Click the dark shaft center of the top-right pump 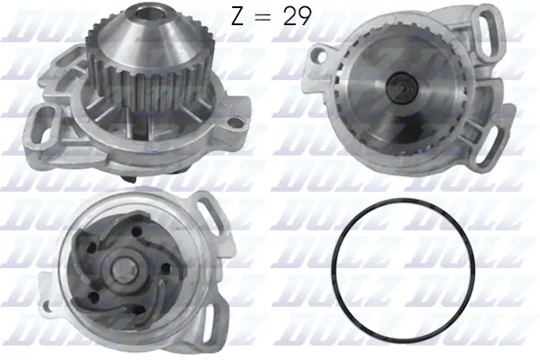[x=400, y=89]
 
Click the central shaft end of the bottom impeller [x=120, y=270]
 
